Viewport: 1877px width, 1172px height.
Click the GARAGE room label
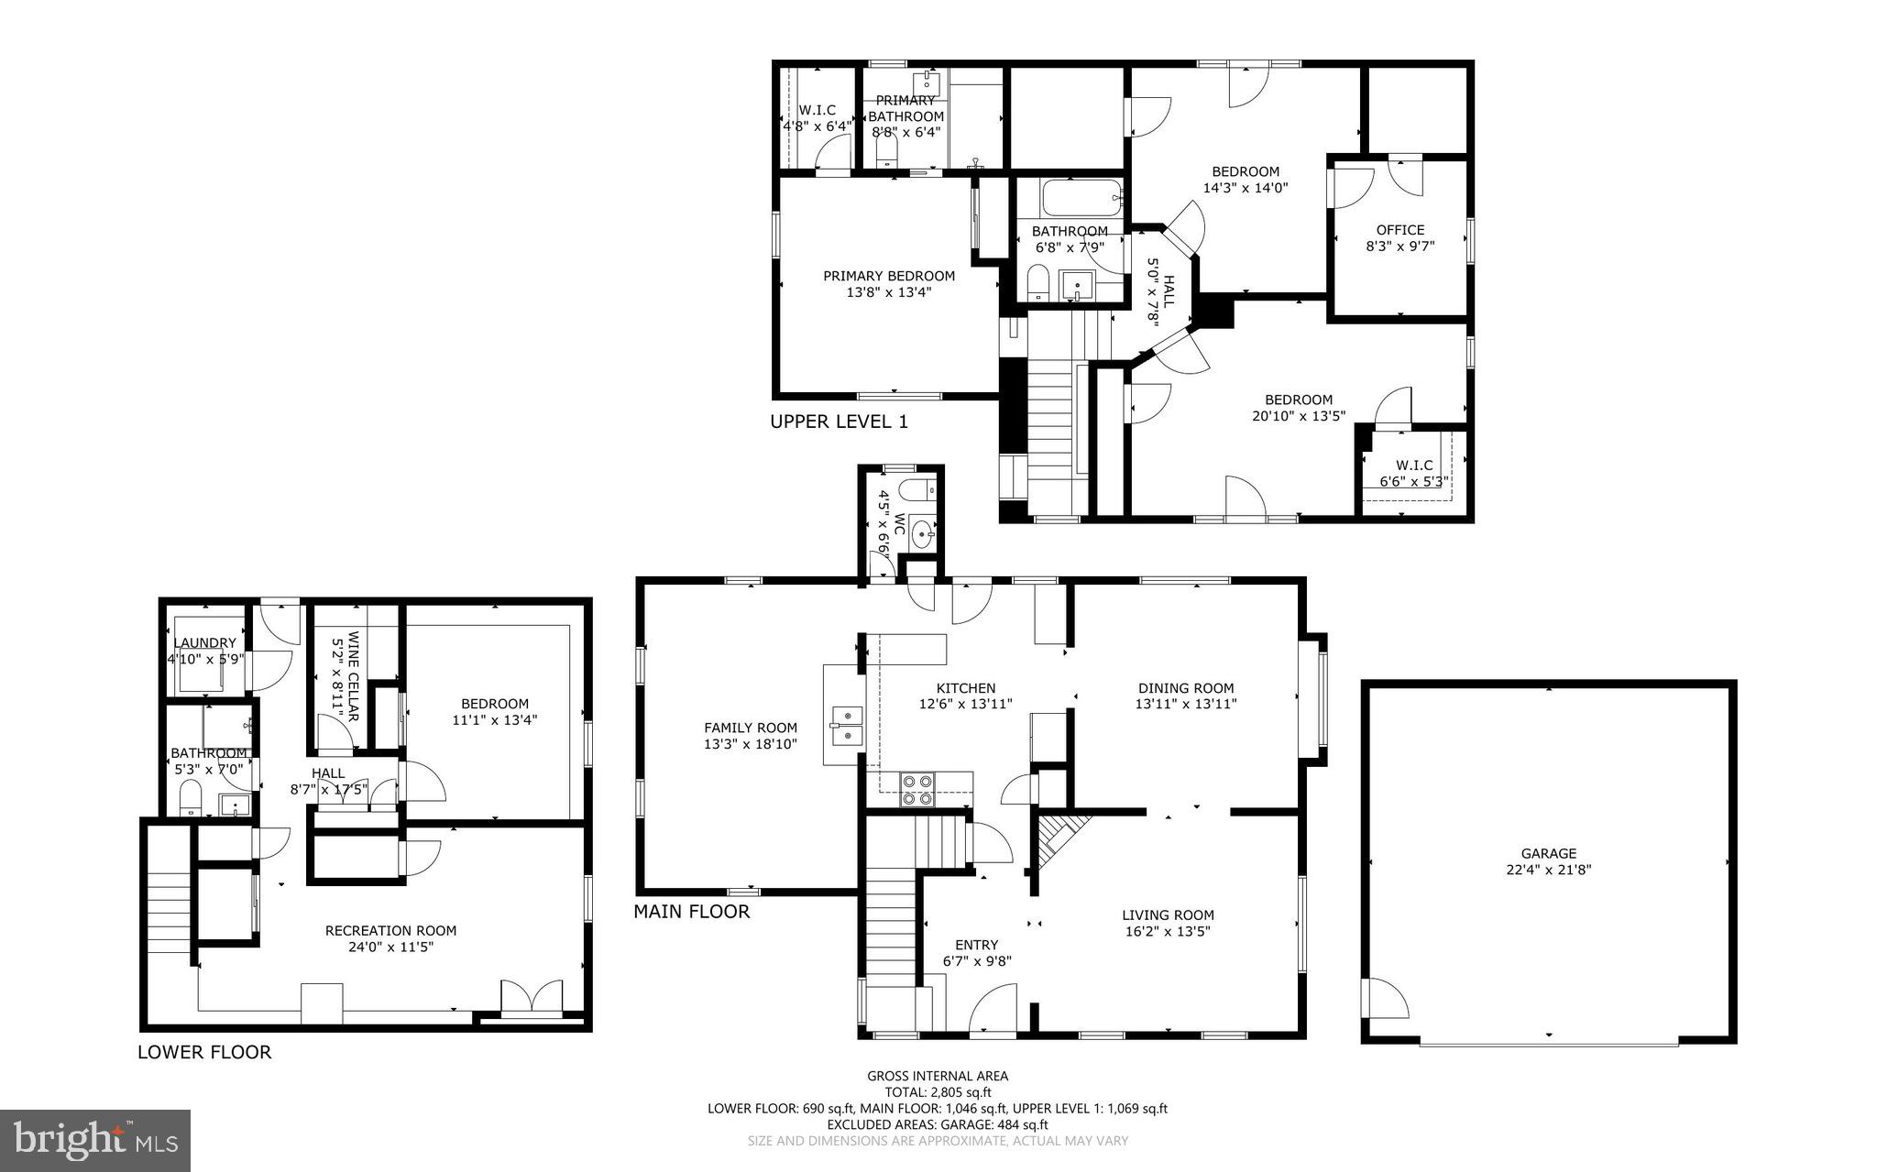[1549, 853]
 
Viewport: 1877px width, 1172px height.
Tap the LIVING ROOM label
[1168, 915]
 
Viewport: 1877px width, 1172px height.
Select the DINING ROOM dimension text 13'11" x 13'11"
[1186, 704]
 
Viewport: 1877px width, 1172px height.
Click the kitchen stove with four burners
[918, 789]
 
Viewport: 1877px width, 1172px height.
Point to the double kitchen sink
[846, 724]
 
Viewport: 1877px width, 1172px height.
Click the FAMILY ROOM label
[750, 728]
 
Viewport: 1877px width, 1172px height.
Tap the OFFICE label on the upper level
[1400, 230]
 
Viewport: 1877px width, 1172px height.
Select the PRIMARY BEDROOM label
[888, 276]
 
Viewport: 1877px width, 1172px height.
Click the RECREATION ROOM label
[390, 930]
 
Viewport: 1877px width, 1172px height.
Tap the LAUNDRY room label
[204, 643]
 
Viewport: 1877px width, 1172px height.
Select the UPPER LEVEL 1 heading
[839, 422]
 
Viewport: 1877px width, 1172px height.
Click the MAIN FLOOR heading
[691, 911]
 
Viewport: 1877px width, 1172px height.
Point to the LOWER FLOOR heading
[204, 1052]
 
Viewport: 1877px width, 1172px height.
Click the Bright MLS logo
[95, 1140]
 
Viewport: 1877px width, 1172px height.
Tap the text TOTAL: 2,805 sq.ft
[937, 1092]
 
